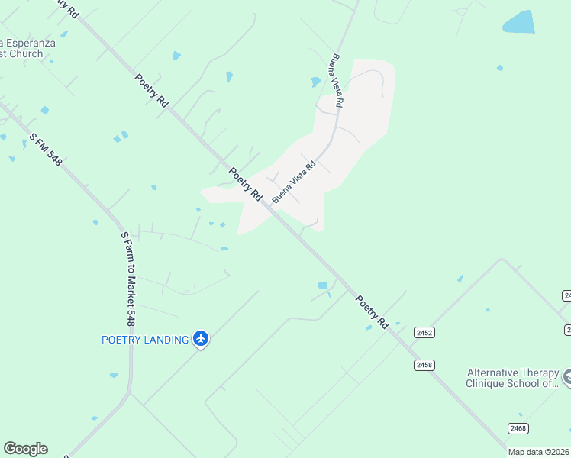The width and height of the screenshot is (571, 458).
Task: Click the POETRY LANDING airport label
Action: click(145, 340)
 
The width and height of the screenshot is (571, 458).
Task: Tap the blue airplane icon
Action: click(201, 338)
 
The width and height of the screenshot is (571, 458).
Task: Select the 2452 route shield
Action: click(424, 333)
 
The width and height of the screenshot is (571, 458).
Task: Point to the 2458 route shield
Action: click(424, 365)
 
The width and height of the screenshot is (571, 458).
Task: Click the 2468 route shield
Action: click(518, 428)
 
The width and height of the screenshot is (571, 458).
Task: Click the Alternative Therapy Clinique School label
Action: click(514, 379)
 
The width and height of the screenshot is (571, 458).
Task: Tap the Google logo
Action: click(25, 449)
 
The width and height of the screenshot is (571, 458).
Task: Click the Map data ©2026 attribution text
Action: click(539, 452)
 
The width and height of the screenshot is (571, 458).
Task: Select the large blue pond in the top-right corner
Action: click(519, 22)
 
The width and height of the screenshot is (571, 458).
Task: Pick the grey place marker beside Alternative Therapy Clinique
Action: click(567, 377)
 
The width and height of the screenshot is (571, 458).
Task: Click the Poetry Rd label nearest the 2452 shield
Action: click(373, 312)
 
